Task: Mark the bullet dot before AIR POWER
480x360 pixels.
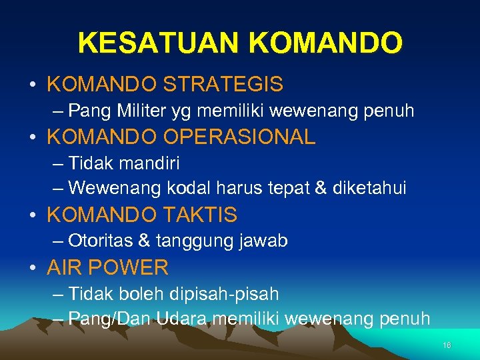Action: [33, 268]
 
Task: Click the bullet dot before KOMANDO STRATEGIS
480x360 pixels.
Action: [33, 85]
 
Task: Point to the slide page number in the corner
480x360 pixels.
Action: [447, 345]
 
